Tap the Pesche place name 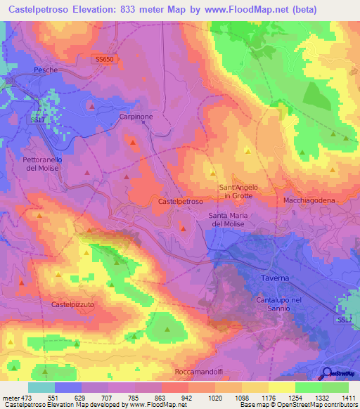click(46, 70)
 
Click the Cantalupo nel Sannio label click(278, 305)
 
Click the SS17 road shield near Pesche click(36, 120)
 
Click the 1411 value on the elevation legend click(347, 398)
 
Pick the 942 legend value click(186, 398)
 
